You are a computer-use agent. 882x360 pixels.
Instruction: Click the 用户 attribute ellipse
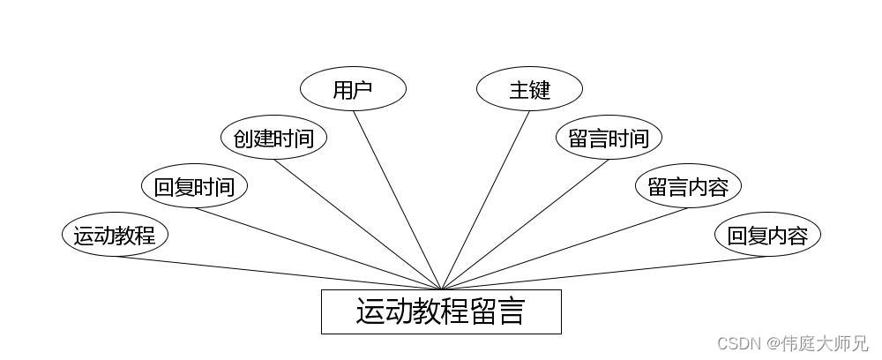pyautogui.click(x=353, y=89)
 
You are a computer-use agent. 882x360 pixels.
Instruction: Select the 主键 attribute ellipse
pyautogui.click(x=529, y=89)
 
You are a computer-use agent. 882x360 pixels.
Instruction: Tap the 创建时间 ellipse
pyautogui.click(x=273, y=138)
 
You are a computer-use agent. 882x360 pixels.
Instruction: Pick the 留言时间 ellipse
pyautogui.click(x=609, y=138)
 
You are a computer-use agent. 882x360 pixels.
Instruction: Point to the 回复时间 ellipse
pyautogui.click(x=194, y=186)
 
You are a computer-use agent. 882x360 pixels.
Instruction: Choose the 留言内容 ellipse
pyautogui.click(x=688, y=186)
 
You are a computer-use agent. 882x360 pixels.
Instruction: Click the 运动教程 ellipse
pyautogui.click(x=115, y=235)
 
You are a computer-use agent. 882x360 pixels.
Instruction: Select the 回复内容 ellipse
pyautogui.click(x=767, y=235)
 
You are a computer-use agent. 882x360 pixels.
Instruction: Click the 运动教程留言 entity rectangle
pyautogui.click(x=441, y=311)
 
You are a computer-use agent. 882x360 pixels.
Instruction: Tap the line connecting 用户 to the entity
pyautogui.click(x=397, y=199)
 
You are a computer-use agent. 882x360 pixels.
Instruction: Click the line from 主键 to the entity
pyautogui.click(x=485, y=199)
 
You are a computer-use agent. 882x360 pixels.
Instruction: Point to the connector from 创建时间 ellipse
pyautogui.click(x=357, y=224)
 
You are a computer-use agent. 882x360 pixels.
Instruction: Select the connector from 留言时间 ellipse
pyautogui.click(x=525, y=224)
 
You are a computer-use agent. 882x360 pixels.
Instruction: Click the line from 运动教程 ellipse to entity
pyautogui.click(x=278, y=273)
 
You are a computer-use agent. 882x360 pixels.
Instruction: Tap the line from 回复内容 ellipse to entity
pyautogui.click(x=604, y=273)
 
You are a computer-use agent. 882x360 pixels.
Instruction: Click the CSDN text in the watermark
pyautogui.click(x=739, y=343)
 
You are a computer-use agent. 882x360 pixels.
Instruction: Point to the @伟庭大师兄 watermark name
pyautogui.click(x=818, y=343)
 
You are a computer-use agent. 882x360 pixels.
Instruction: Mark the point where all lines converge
pyautogui.click(x=441, y=289)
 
